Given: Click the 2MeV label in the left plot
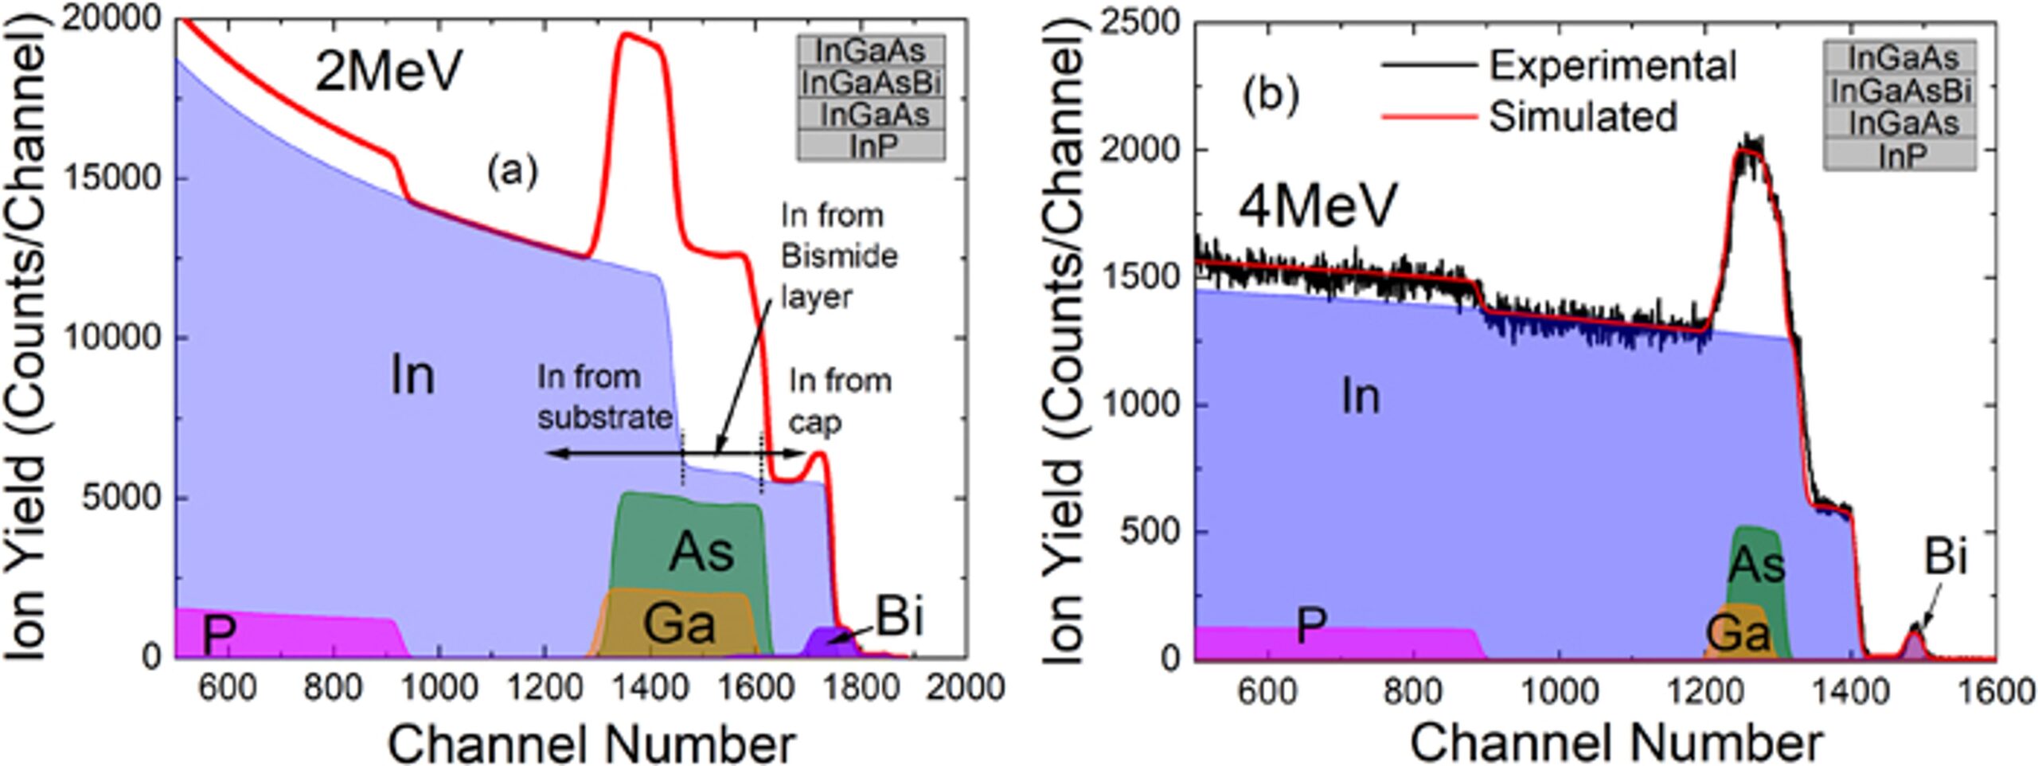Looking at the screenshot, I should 388,72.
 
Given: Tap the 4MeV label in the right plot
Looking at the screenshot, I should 1317,205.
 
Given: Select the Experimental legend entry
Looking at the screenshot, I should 1612,65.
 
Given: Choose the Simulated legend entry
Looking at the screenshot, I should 1583,116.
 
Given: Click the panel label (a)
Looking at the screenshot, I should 513,171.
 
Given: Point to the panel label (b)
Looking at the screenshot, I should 1271,96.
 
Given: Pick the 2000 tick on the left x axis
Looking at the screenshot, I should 965,686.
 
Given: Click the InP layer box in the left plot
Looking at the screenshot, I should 873,147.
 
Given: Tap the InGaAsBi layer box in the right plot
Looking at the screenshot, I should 1900,91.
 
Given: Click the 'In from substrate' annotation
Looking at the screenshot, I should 603,397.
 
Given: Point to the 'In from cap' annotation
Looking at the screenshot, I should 839,401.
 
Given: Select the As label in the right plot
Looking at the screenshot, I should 1757,565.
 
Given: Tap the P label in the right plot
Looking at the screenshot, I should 1310,626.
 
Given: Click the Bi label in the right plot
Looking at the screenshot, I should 1946,556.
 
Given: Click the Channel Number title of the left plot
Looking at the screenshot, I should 591,745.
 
